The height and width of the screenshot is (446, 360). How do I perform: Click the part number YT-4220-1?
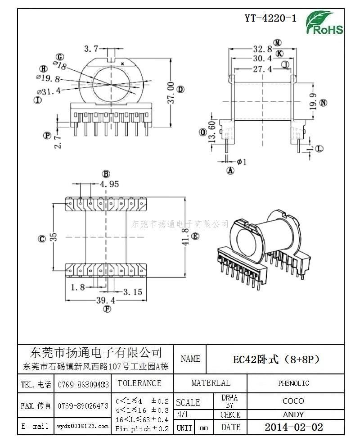[270, 18]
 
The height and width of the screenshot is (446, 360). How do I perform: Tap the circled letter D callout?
[180, 89]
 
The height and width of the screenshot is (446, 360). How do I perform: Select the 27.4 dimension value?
[262, 69]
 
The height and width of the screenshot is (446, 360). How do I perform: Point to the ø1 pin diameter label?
[241, 161]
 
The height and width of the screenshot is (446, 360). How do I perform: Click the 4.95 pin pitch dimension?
[109, 184]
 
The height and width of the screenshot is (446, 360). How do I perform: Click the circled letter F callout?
[107, 309]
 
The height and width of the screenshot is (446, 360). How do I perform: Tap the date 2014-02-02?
[293, 427]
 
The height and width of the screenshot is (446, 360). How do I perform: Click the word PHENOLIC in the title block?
[293, 383]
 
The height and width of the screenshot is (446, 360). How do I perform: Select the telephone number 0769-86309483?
[83, 385]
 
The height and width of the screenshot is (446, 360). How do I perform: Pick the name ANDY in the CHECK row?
[293, 414]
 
